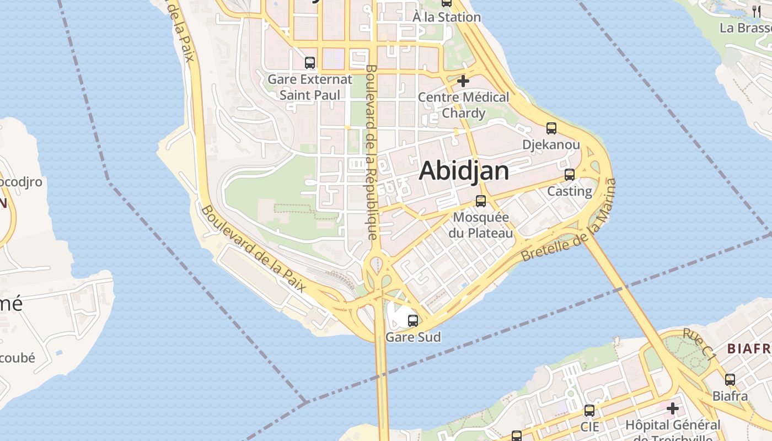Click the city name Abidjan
(464, 171)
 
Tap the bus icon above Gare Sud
(413, 320)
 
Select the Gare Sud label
(413, 336)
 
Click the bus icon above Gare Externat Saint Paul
(310, 63)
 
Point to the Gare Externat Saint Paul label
(309, 87)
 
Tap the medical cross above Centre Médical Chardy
(463, 81)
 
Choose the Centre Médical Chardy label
(463, 105)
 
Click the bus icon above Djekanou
(551, 128)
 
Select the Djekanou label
(551, 145)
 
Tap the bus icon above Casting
(570, 175)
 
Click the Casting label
(570, 191)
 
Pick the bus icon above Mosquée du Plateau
(481, 201)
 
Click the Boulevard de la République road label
(371, 152)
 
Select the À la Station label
(447, 17)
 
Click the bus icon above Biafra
(730, 379)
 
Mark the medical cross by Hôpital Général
(673, 408)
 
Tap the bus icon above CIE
(589, 411)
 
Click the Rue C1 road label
(699, 345)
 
